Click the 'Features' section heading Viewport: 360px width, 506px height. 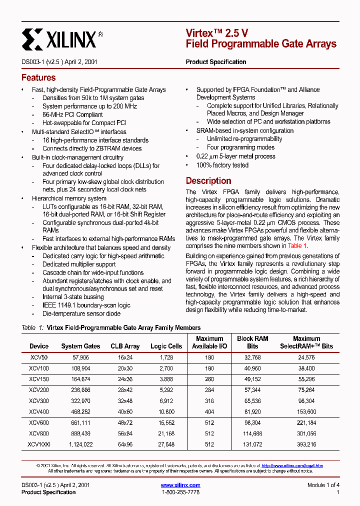tap(38, 78)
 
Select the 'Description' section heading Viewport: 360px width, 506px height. tap(208, 181)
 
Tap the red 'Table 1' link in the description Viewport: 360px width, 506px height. tap(297, 246)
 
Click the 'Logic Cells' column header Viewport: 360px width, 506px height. tap(166, 346)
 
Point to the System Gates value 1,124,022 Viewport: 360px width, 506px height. tap(80, 444)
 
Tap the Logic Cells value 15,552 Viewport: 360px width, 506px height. tap(166, 422)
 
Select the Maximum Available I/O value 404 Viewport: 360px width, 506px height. tap(209, 411)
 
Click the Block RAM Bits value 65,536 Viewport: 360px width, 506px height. tap(252, 400)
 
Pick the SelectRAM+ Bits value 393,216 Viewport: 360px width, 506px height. tap(306, 444)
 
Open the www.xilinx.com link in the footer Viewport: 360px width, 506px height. tap(180, 485)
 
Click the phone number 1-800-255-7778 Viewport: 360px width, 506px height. tap(180, 492)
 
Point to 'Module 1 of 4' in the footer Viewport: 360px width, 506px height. tap(323, 485)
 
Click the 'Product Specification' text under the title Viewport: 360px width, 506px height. tap(216, 62)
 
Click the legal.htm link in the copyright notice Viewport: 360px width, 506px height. tap(292, 465)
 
